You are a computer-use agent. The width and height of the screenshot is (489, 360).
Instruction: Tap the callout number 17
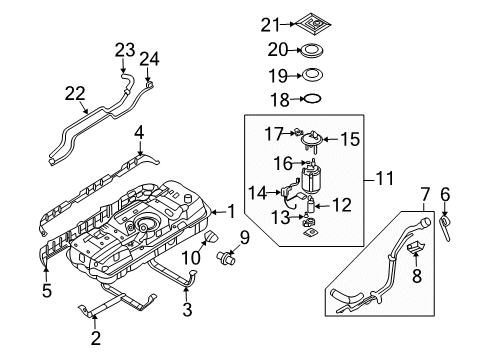[x=272, y=131]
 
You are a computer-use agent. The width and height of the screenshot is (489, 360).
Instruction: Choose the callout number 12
[x=343, y=206]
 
